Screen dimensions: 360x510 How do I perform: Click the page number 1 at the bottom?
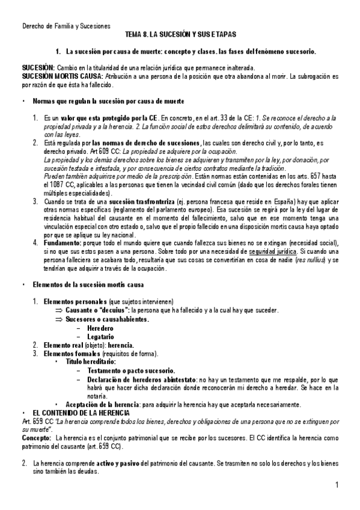pyautogui.click(x=337, y=485)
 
